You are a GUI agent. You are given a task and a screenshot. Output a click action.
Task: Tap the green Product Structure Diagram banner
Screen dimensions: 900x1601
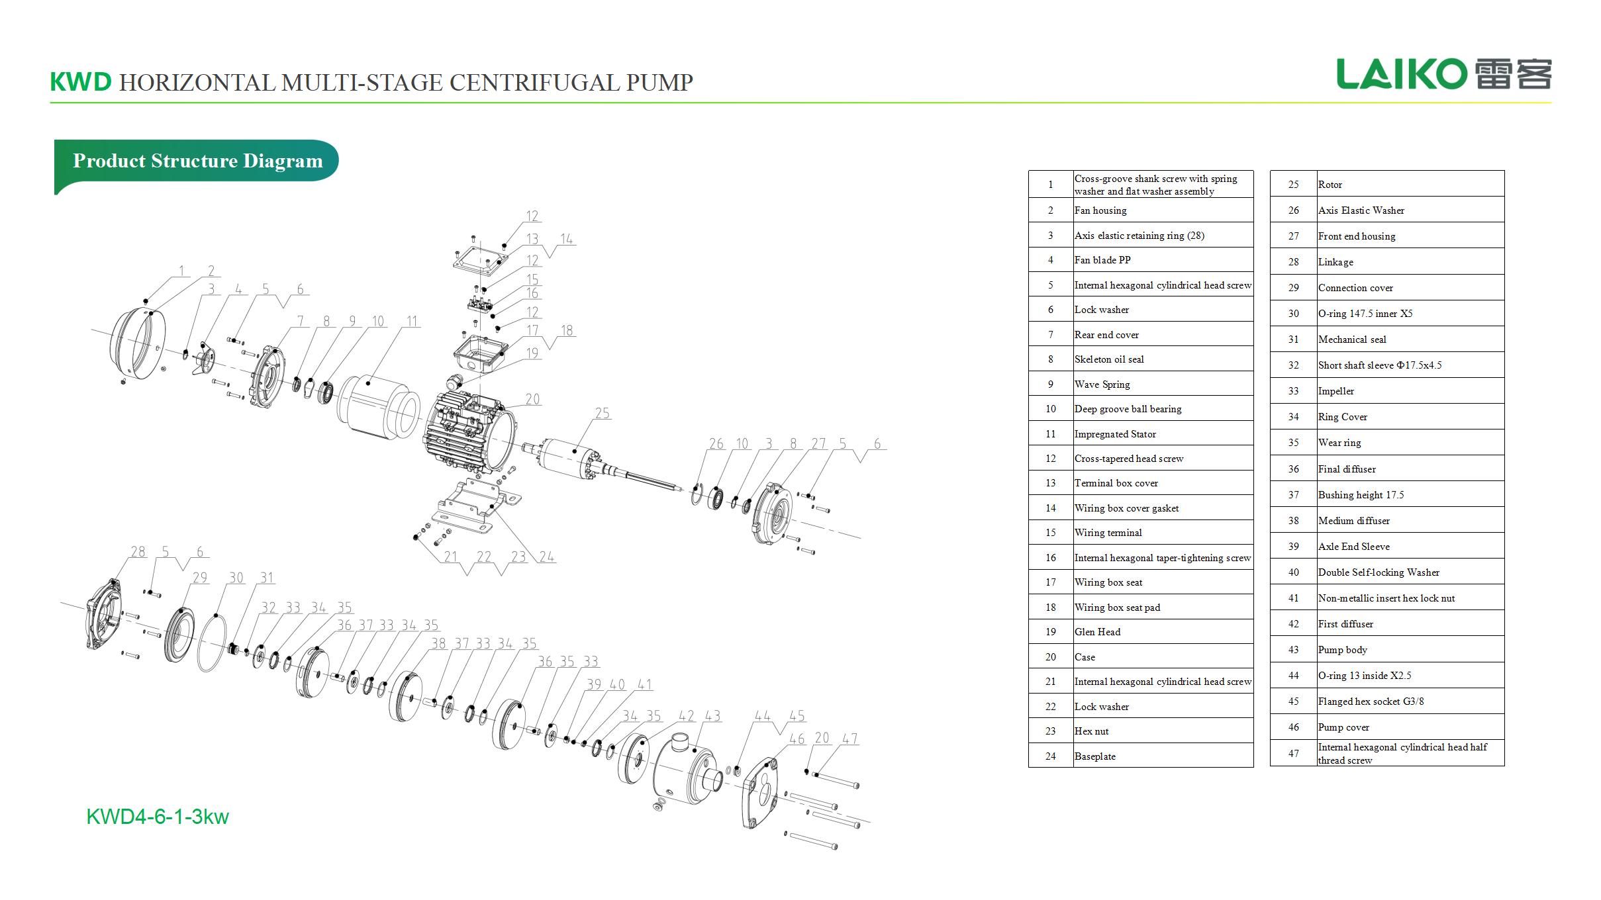click(x=197, y=161)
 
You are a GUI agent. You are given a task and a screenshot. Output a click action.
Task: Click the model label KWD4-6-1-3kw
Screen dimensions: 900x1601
click(x=158, y=817)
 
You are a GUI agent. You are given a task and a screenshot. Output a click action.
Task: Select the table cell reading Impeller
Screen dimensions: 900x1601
click(x=1410, y=391)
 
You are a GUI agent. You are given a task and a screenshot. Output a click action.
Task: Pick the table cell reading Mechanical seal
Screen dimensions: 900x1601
click(x=1410, y=339)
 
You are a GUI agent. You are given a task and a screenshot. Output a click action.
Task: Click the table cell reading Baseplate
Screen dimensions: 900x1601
click(x=1162, y=756)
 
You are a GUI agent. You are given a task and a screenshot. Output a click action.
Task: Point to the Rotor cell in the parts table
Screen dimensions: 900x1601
click(x=1410, y=185)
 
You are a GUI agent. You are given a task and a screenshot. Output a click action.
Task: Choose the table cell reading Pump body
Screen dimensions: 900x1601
click(x=1410, y=650)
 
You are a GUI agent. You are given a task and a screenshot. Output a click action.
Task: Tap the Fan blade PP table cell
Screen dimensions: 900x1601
click(x=1162, y=260)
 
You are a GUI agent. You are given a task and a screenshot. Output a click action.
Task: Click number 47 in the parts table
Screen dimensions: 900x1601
click(x=1293, y=753)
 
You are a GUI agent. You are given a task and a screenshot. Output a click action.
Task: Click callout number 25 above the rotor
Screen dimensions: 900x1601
click(x=602, y=414)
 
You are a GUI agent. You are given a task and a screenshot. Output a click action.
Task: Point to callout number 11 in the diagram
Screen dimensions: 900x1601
click(x=412, y=322)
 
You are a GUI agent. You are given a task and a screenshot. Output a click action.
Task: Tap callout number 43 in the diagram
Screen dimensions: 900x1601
click(x=712, y=716)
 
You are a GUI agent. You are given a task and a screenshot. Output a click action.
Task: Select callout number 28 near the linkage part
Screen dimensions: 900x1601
click(x=138, y=552)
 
